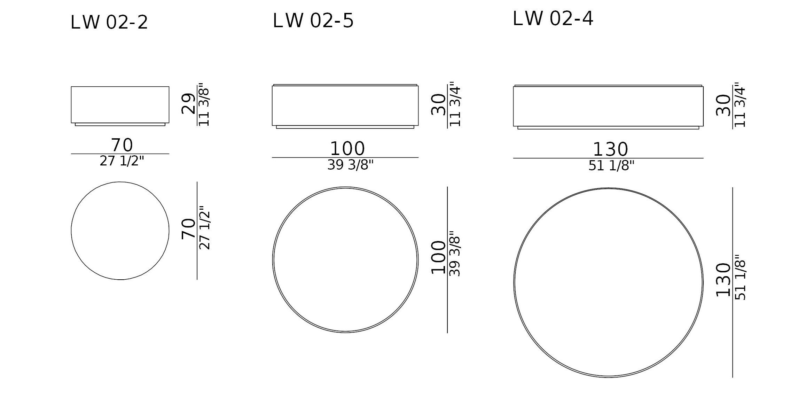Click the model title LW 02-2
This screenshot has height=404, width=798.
pyautogui.click(x=109, y=23)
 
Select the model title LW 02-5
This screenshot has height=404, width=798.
pyautogui.click(x=313, y=21)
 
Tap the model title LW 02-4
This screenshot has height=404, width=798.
pyautogui.click(x=553, y=18)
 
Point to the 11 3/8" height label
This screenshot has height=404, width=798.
pyautogui.click(x=204, y=105)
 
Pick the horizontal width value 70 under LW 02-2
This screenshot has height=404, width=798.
pyautogui.click(x=122, y=145)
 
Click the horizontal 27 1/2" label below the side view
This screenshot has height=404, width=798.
pyautogui.click(x=122, y=161)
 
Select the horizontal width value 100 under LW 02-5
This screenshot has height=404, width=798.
pyautogui.click(x=347, y=149)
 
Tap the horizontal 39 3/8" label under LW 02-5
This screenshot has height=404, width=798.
pyautogui.click(x=350, y=165)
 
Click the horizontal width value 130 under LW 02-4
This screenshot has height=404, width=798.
pyautogui.click(x=610, y=150)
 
